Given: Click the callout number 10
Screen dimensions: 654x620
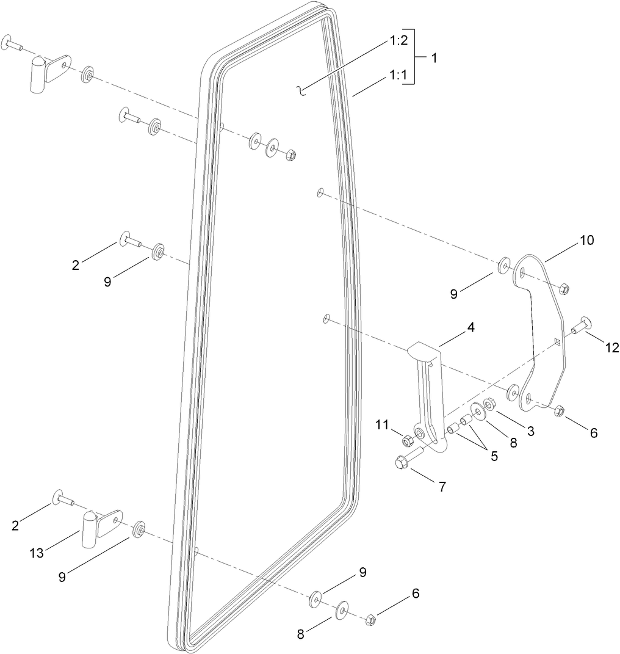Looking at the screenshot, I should point(586,240).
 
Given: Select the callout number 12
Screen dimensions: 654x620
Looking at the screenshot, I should point(612,347).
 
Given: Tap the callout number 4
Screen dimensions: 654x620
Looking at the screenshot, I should point(470,327).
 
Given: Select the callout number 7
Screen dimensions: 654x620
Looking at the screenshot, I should point(442,487).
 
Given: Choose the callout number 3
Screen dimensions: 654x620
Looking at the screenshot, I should point(531,431).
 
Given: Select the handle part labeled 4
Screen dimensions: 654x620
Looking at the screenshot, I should point(426,391).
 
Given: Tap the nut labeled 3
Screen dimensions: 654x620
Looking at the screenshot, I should point(490,404).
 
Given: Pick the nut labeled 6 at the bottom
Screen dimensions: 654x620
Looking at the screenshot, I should point(370,621).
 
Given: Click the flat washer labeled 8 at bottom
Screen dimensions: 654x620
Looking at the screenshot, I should point(341,609).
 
